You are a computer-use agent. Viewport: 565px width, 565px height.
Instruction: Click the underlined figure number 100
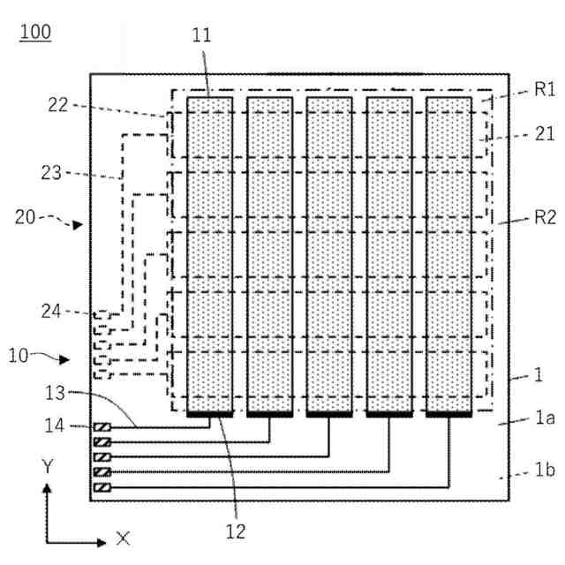click(x=35, y=34)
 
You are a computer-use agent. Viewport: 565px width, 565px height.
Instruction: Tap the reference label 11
click(x=202, y=36)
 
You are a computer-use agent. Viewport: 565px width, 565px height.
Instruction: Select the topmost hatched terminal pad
click(x=102, y=428)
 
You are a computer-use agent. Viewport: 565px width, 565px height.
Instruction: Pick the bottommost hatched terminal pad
click(x=102, y=487)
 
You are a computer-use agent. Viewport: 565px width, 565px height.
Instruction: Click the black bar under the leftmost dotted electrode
click(x=210, y=412)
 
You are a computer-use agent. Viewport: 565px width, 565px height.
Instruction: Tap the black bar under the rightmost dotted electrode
click(x=448, y=412)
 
